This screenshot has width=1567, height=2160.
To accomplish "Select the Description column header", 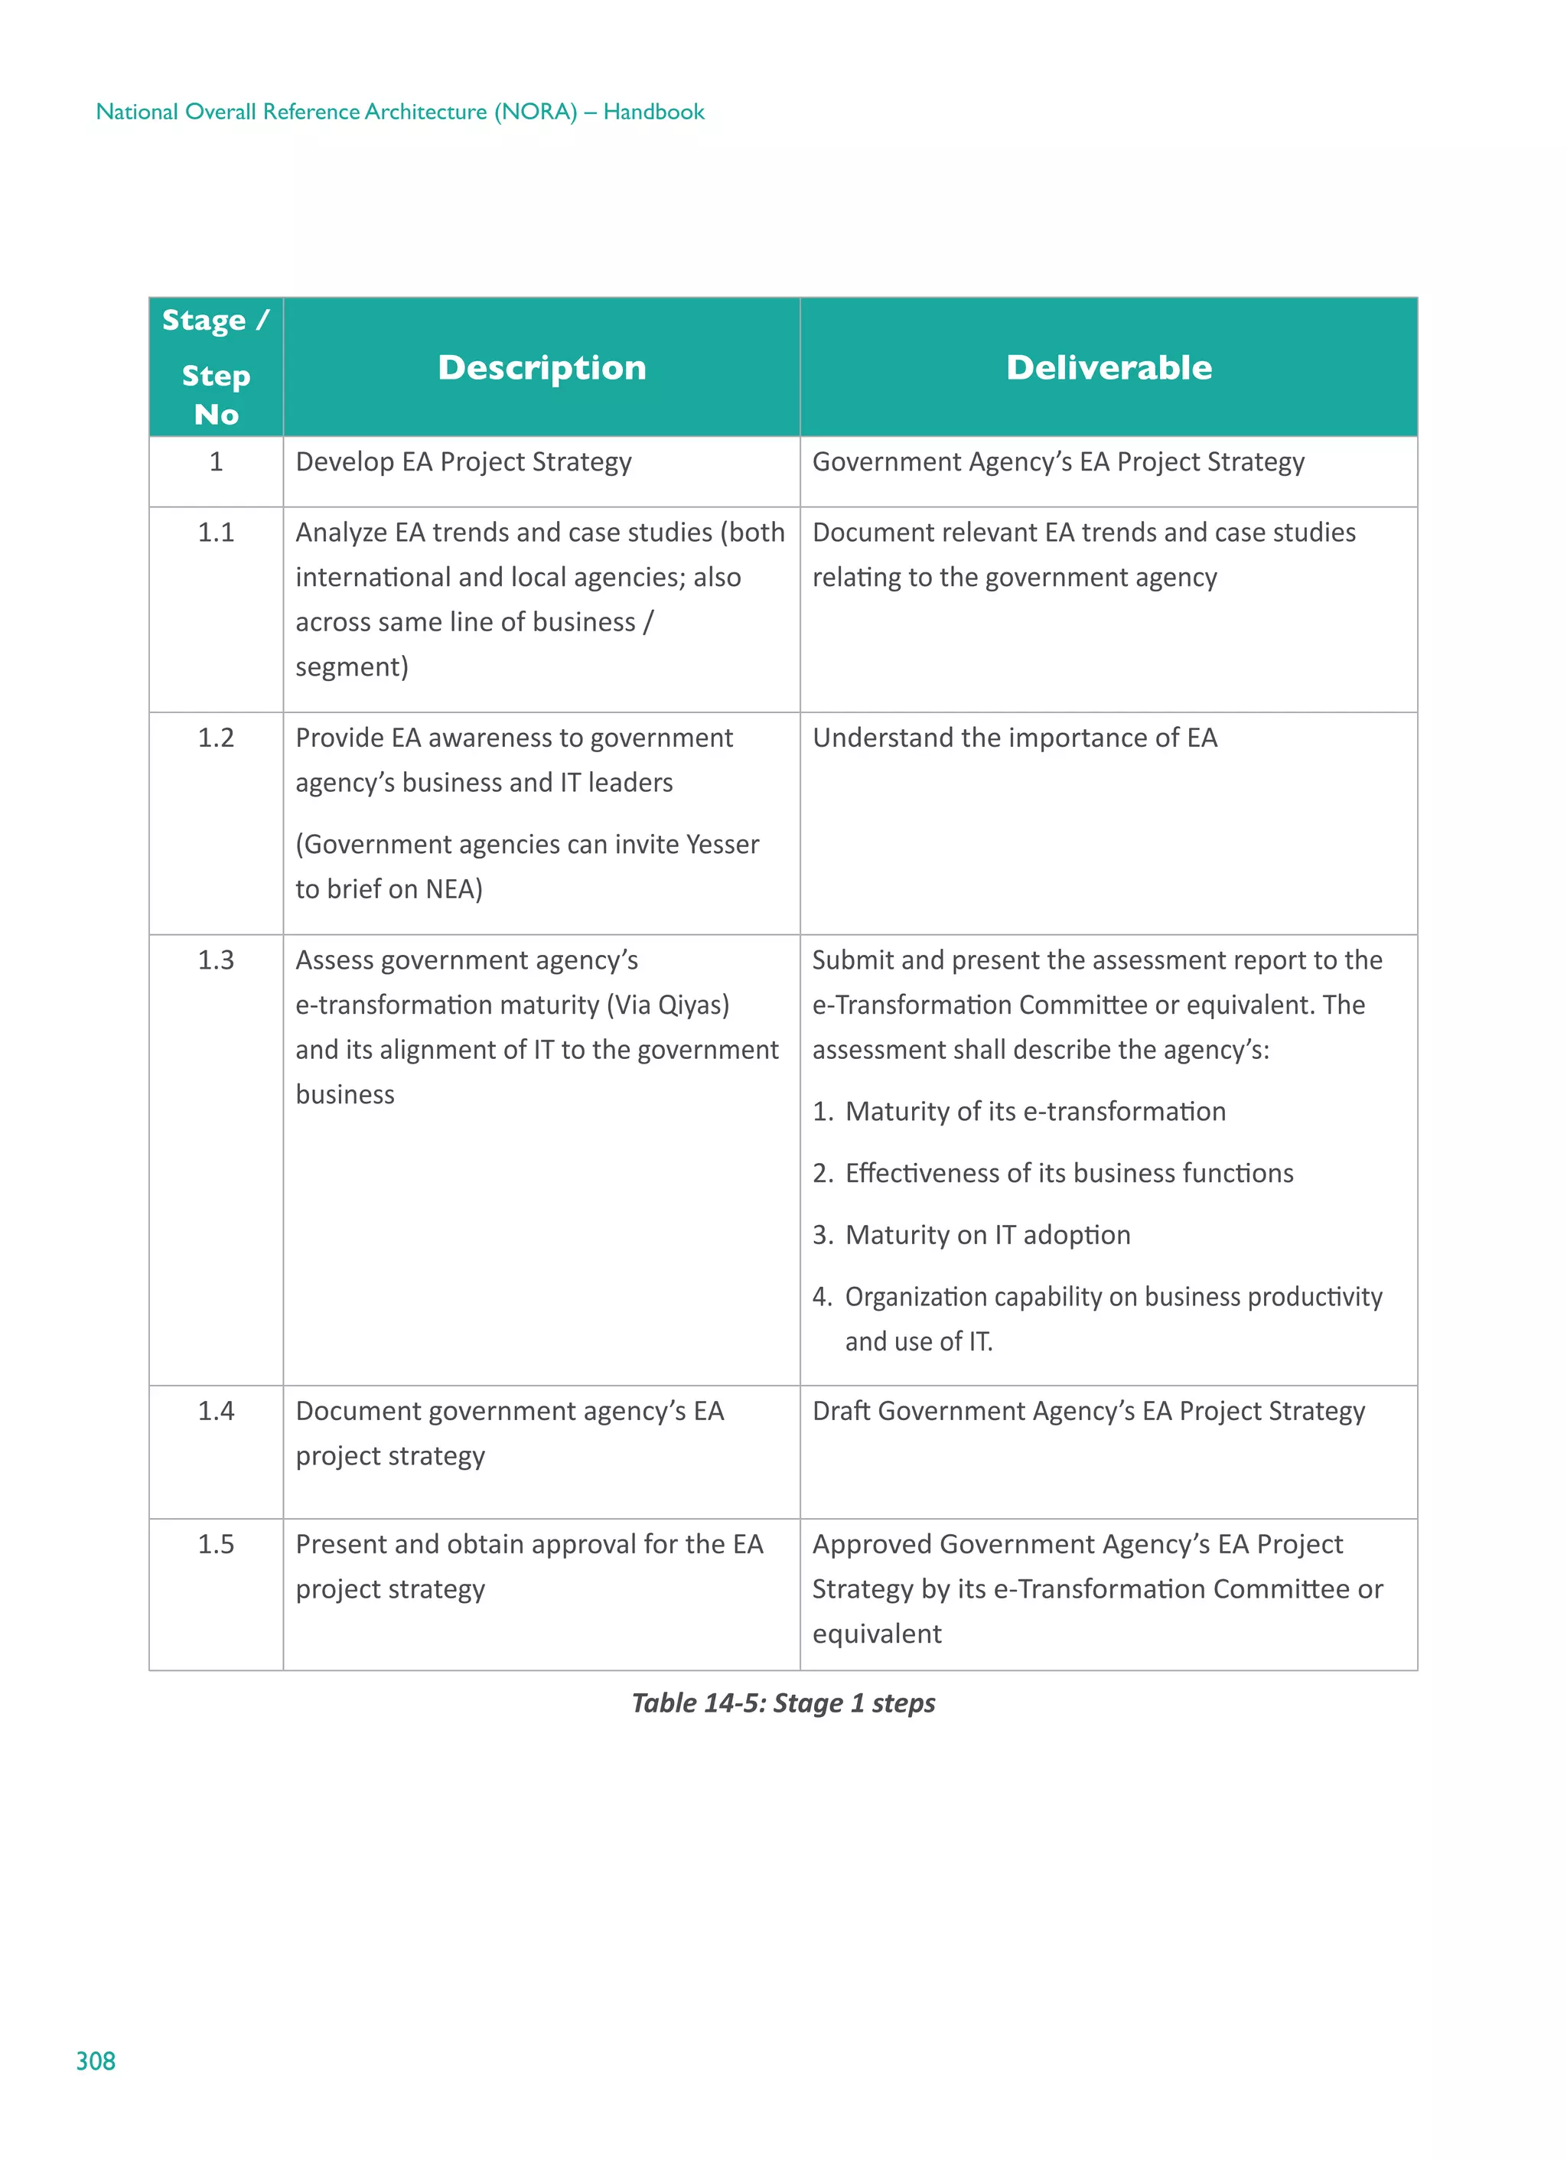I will (x=541, y=367).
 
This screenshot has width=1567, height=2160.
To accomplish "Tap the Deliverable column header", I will (x=1108, y=367).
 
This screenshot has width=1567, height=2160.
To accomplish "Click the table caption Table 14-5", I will (x=783, y=1703).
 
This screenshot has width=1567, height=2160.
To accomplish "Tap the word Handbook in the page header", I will (x=653, y=112).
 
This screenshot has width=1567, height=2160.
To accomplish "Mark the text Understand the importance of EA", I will (x=1014, y=738).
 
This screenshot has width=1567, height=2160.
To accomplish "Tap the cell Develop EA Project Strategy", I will (x=463, y=462).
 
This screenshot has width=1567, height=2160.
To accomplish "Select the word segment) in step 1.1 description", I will (x=351, y=666).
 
